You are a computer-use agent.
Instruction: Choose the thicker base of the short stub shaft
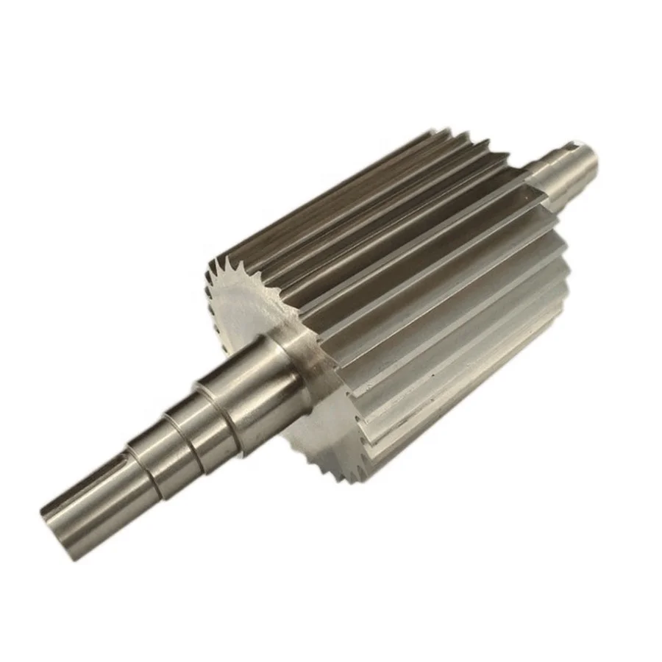541,177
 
